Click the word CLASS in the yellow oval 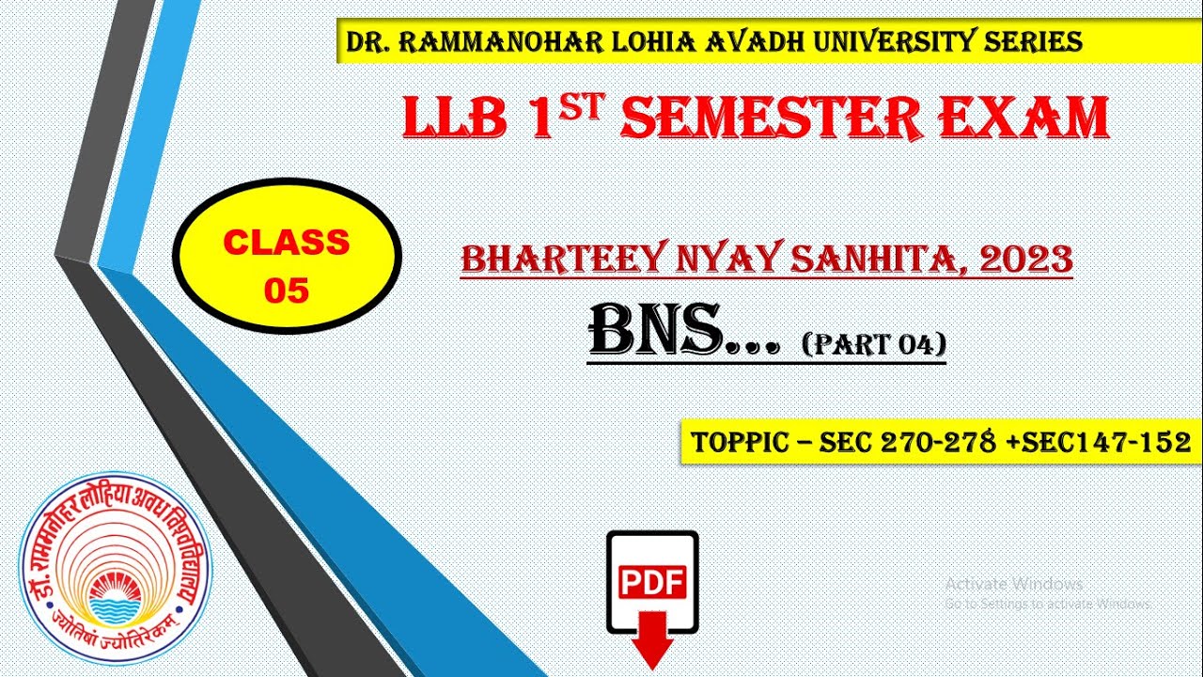287,243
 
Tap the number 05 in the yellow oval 287,291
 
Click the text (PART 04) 873,345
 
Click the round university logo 117,565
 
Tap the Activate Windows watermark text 1014,584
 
